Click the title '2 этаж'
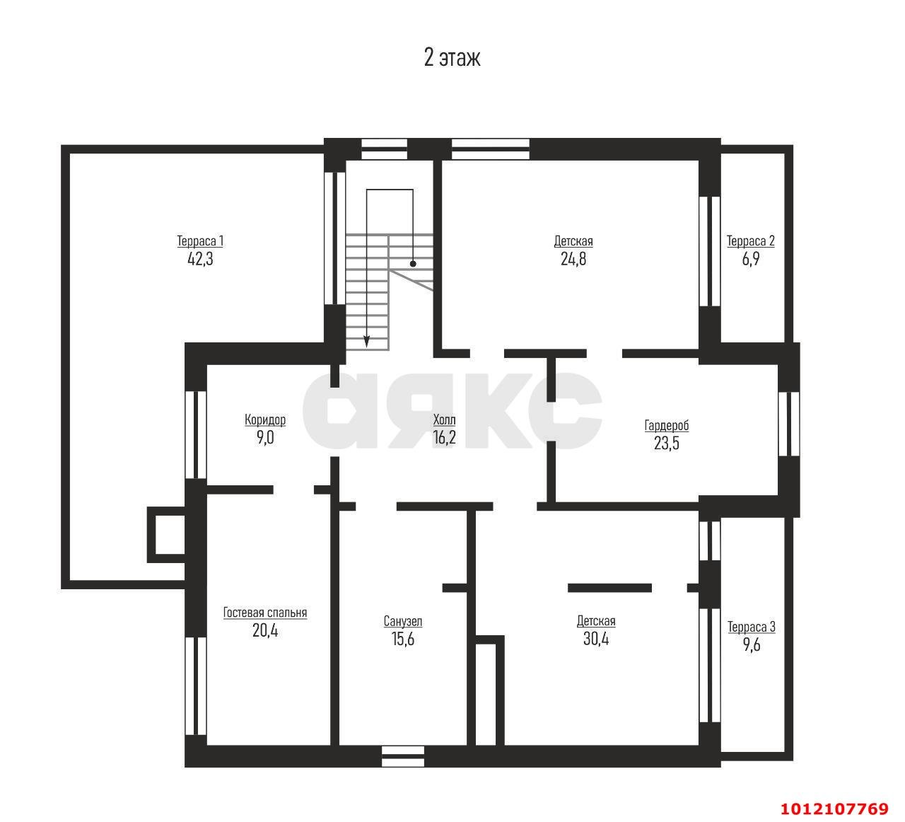click(x=452, y=58)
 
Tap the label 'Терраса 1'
click(x=200, y=241)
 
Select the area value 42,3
click(x=200, y=259)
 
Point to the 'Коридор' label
click(x=265, y=419)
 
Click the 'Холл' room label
click(x=445, y=419)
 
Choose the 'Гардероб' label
click(x=666, y=425)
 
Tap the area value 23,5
click(x=666, y=444)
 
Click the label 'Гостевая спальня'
click(x=265, y=613)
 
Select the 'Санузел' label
click(x=403, y=622)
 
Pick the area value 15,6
click(x=403, y=639)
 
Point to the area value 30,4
click(x=596, y=639)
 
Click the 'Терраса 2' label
click(x=751, y=241)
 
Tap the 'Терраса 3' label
click(x=751, y=627)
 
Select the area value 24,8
click(x=573, y=259)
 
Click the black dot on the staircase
click(x=413, y=264)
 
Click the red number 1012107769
click(x=834, y=809)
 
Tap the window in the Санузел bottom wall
click(x=403, y=756)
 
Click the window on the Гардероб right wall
click(x=789, y=424)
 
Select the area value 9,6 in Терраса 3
click(x=751, y=645)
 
